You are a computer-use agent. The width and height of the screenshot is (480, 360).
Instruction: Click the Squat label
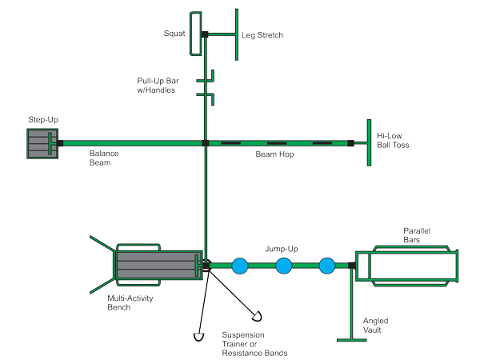(174, 34)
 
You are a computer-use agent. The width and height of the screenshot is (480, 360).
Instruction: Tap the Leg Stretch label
(263, 35)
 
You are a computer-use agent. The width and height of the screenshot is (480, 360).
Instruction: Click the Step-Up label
(43, 120)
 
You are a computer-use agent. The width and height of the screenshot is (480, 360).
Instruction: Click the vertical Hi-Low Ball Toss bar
(368, 142)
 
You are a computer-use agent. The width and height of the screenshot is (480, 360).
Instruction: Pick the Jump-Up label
(281, 248)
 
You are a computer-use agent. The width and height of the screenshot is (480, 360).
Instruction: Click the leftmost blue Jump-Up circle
(239, 265)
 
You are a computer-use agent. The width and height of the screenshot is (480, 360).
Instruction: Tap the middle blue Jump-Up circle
(284, 265)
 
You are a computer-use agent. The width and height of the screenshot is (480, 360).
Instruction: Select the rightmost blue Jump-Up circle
(326, 265)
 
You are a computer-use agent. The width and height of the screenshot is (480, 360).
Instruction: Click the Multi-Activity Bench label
(130, 301)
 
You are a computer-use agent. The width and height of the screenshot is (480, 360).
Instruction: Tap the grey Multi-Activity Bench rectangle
(155, 265)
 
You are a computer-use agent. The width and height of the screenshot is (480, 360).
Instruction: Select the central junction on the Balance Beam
(205, 143)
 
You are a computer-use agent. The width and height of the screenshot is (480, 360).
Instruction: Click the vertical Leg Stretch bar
(237, 33)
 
